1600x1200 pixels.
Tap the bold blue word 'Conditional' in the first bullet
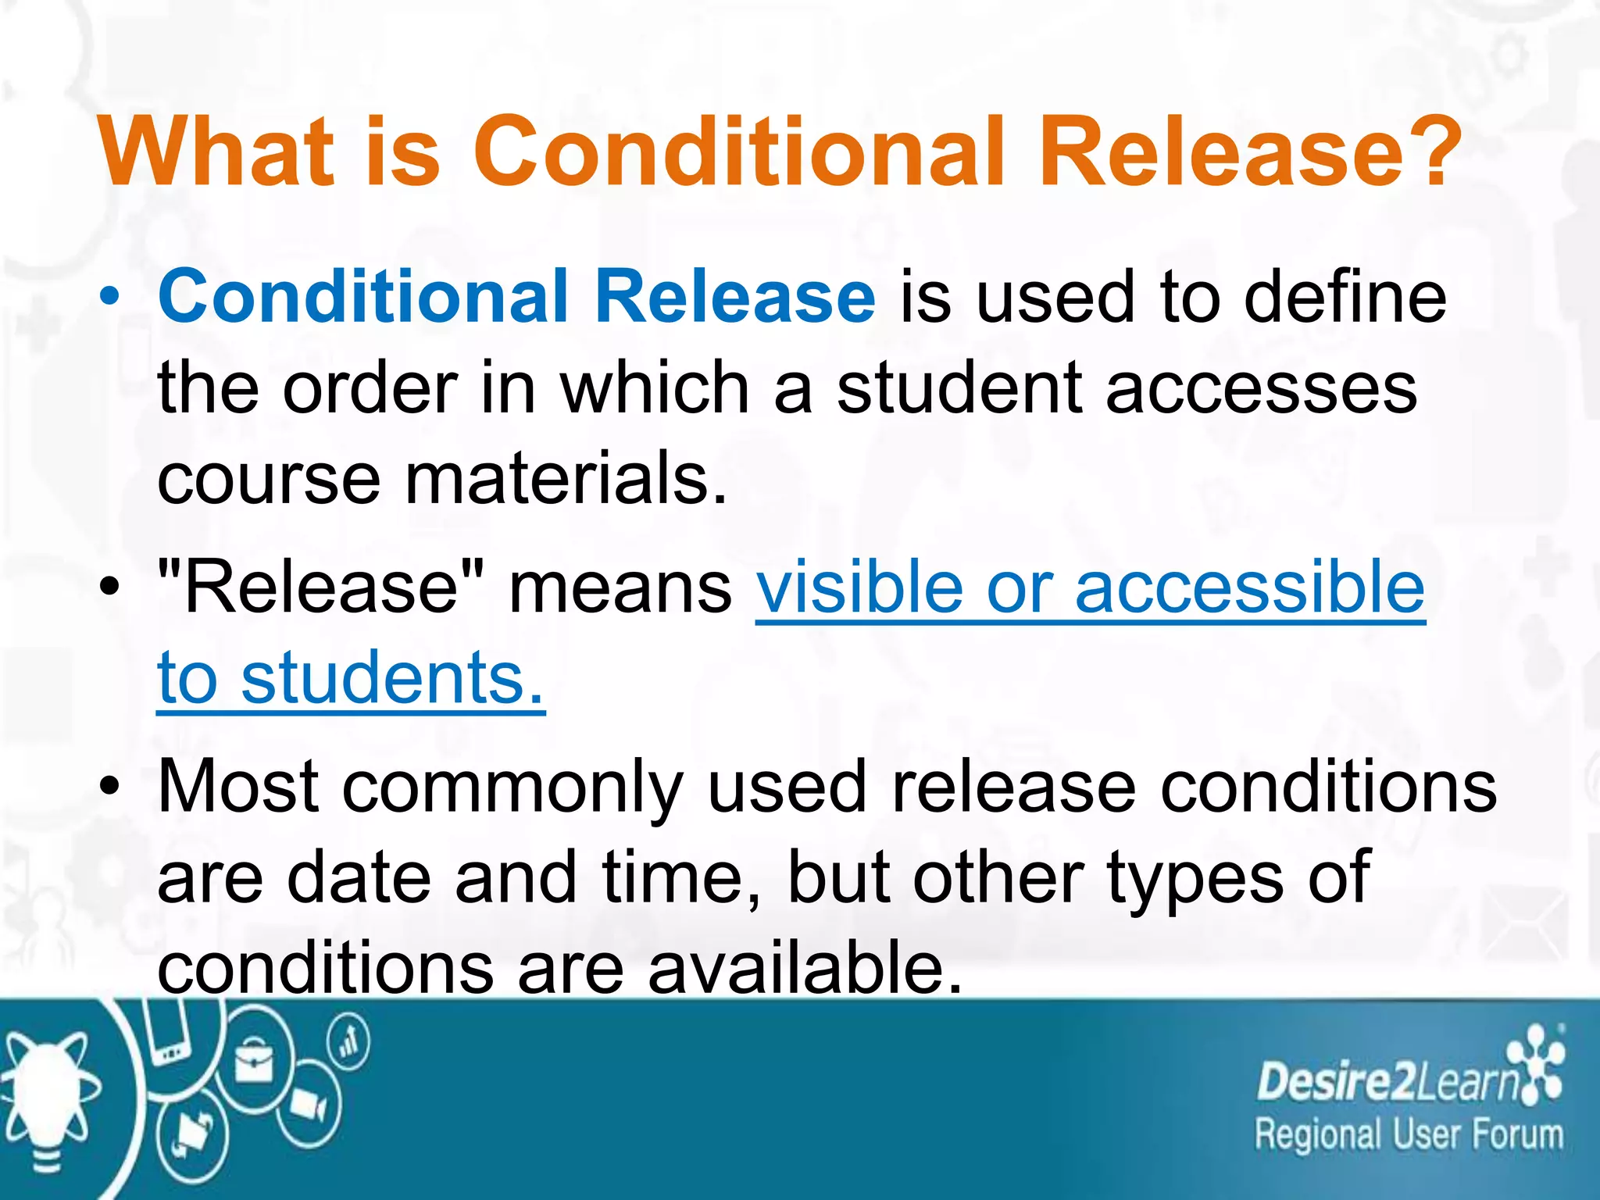362,297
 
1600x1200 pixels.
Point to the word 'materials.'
566,479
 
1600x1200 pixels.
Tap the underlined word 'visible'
859,587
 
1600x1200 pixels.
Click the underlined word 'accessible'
1250,587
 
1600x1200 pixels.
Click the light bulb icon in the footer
47,1094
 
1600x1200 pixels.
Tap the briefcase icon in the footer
254,1062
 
